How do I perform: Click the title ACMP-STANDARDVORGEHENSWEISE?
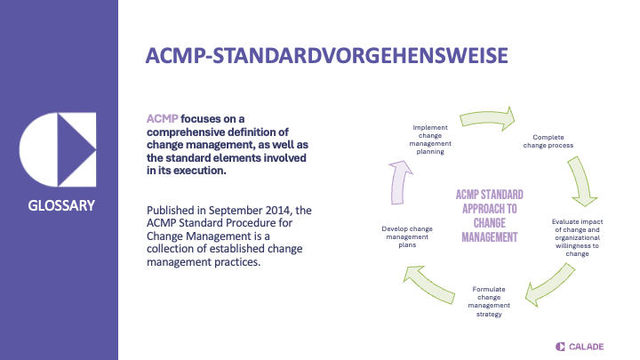(x=328, y=54)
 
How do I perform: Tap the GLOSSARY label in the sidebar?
(x=60, y=206)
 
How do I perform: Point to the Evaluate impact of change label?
(x=577, y=236)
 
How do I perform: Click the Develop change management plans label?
(x=406, y=237)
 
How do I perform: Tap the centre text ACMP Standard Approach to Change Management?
(x=489, y=216)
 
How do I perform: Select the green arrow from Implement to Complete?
(x=488, y=117)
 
